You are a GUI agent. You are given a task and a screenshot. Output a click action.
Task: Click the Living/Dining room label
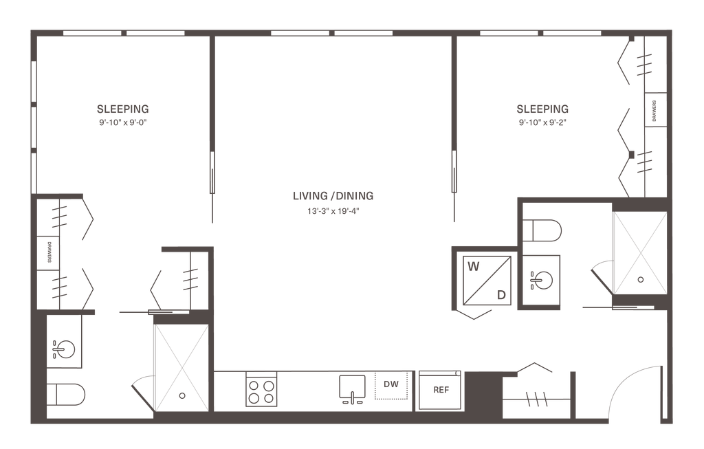click(332, 196)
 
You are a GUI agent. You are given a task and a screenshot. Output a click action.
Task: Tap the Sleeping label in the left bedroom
click(123, 109)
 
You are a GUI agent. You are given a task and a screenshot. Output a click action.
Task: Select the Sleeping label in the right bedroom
click(542, 109)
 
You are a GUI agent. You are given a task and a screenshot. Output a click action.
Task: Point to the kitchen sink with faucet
click(353, 388)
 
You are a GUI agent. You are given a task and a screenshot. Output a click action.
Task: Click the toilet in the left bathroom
click(67, 395)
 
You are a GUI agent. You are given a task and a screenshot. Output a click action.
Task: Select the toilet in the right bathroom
click(543, 230)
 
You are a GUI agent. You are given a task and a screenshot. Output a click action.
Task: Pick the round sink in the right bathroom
click(542, 281)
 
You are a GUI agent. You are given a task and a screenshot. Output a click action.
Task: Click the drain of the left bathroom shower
click(181, 395)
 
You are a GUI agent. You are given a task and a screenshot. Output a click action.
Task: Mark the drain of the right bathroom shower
click(641, 280)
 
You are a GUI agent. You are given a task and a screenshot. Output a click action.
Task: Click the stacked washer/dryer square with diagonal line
click(487, 278)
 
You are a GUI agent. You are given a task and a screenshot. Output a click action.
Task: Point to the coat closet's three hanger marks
click(536, 398)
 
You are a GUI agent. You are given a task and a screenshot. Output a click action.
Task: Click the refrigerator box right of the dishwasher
click(440, 390)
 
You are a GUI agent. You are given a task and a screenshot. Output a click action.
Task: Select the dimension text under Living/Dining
click(332, 211)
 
